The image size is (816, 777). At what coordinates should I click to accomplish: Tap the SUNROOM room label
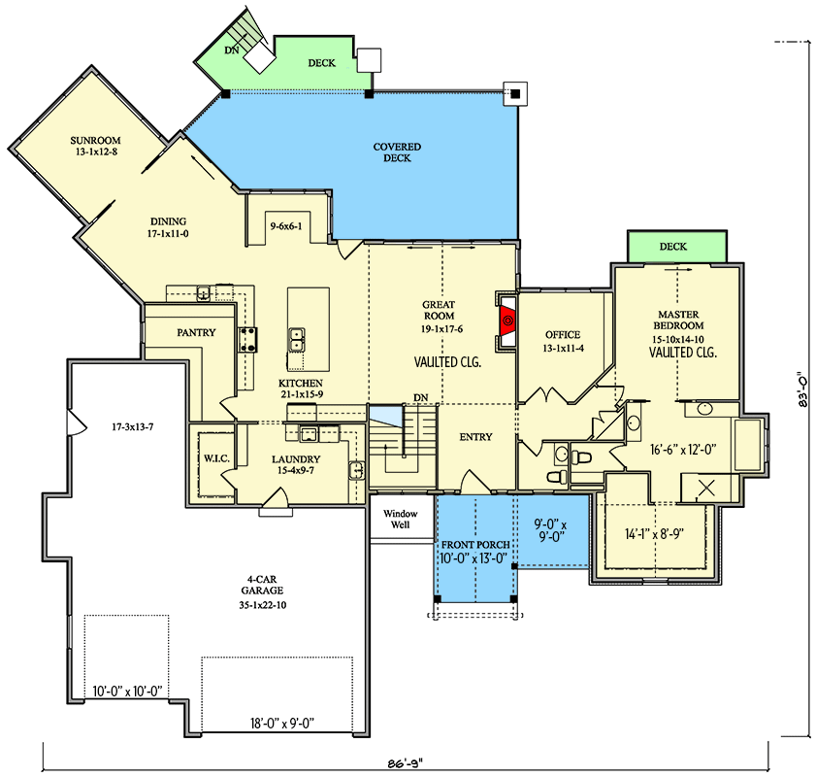click(95, 140)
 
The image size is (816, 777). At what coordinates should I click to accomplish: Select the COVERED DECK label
click(397, 152)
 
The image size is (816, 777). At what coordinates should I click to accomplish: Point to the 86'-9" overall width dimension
click(406, 763)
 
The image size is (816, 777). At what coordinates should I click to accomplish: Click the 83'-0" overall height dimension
click(803, 388)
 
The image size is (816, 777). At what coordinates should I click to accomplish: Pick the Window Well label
click(400, 520)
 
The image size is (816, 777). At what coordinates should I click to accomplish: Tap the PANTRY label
click(196, 332)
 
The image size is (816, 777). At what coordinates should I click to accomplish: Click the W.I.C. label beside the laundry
click(216, 458)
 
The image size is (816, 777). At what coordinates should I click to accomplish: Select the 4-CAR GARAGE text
click(262, 585)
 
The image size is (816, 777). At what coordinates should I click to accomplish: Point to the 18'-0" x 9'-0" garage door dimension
click(282, 724)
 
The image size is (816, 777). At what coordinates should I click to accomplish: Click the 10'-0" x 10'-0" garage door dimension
click(127, 692)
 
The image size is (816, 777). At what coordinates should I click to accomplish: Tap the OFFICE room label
click(563, 335)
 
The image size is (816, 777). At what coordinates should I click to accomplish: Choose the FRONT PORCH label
click(475, 545)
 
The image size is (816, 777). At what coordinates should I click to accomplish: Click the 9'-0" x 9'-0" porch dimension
click(550, 530)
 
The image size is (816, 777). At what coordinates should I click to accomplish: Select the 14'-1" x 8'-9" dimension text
click(654, 534)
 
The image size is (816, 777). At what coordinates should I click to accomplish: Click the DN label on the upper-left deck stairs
click(232, 51)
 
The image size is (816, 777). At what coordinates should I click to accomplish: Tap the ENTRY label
click(475, 437)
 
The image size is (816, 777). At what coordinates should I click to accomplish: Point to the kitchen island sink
click(297, 340)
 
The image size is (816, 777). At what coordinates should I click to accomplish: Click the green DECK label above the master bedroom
click(673, 247)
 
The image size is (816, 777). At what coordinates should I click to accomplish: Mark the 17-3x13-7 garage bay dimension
click(133, 427)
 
